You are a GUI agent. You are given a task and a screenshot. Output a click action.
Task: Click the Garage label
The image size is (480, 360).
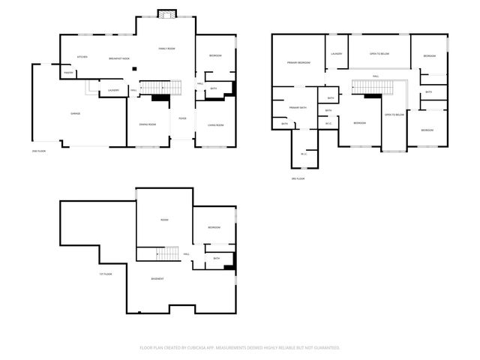point(75,113)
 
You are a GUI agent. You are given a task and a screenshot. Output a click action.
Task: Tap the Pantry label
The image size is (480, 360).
point(68,73)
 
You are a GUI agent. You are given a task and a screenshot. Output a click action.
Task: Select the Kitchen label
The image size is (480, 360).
point(82,57)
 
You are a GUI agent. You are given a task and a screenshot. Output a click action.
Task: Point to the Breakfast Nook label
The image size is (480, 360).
point(119,58)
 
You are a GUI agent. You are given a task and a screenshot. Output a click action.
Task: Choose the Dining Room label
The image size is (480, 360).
point(147,124)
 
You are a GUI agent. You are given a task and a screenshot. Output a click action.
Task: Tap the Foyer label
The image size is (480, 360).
point(182,118)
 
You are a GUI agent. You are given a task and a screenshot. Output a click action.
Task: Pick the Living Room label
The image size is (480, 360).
point(215,125)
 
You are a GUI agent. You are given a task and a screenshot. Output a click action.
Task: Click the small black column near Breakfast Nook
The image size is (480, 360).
point(133,70)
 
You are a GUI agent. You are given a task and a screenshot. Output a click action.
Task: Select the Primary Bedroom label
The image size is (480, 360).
point(298,63)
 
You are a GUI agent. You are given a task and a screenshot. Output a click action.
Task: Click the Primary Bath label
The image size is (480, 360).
point(298,107)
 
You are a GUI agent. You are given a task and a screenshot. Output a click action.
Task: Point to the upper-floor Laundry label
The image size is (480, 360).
point(336,54)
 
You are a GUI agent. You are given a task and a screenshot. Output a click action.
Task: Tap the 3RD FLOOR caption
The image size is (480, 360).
point(298,178)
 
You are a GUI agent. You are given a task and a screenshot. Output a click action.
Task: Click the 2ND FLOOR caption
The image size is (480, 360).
point(39,151)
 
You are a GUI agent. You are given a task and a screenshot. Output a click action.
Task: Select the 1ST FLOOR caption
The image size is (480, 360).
point(106,274)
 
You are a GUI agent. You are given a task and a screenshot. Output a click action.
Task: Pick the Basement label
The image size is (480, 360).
point(157,279)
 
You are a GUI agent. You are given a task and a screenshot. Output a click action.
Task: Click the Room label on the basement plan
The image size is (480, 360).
point(164,220)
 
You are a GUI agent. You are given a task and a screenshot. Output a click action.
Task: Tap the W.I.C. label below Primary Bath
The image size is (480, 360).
point(304,154)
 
